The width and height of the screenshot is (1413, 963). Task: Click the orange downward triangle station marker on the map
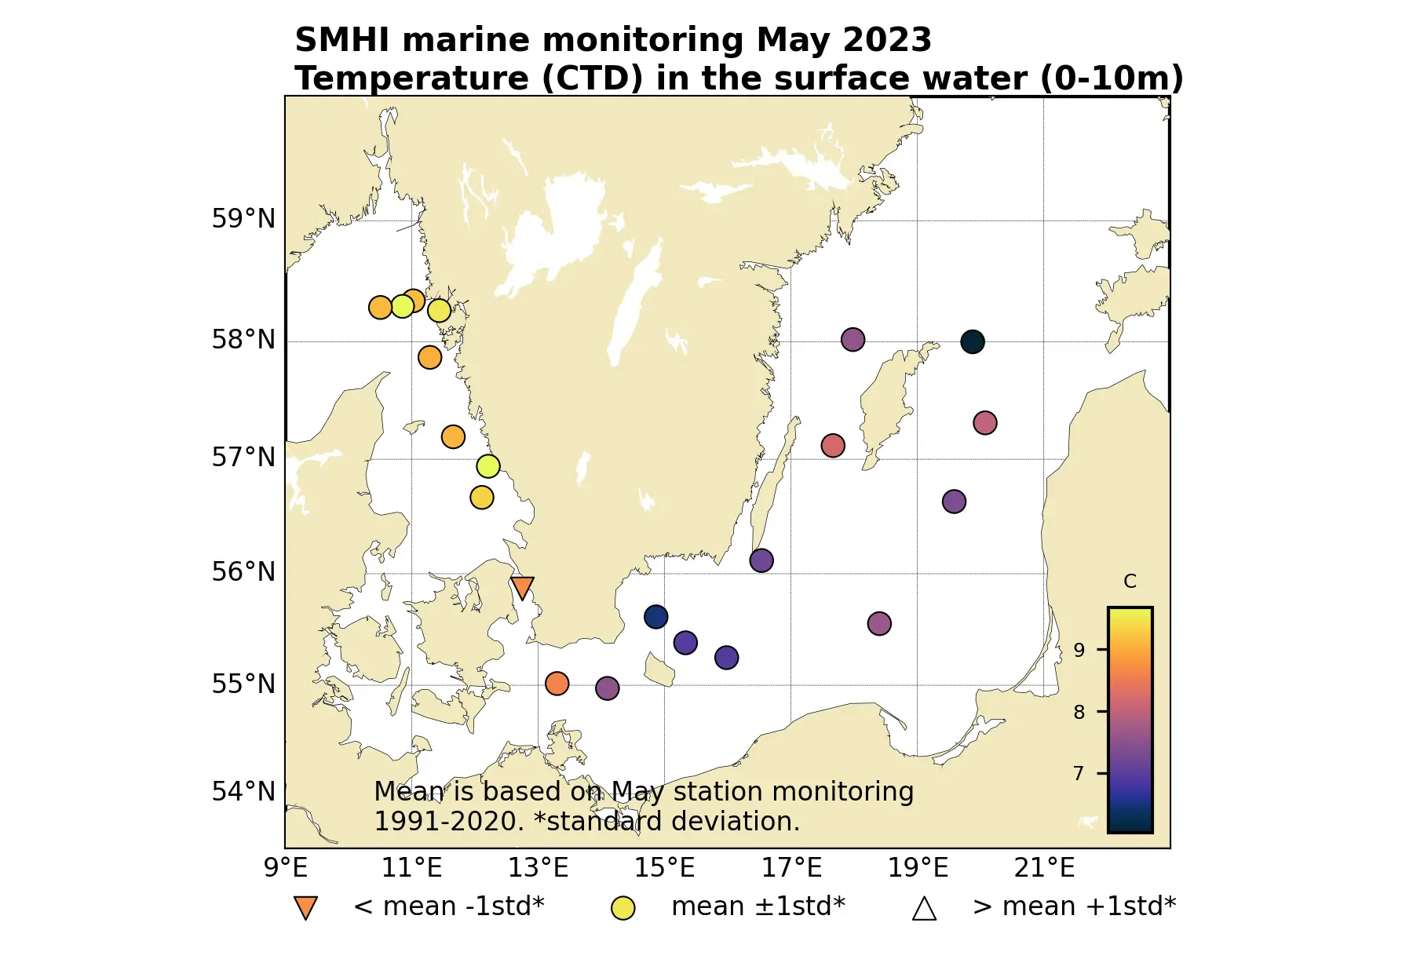(522, 587)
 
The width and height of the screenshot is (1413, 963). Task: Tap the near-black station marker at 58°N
(972, 341)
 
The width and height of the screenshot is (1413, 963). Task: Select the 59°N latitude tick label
(243, 219)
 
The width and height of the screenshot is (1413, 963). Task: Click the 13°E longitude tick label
(538, 868)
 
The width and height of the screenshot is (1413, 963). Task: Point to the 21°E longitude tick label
(1044, 868)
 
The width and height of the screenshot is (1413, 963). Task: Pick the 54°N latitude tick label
(243, 792)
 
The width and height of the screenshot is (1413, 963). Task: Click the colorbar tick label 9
(1079, 650)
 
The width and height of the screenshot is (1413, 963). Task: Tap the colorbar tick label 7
(1079, 774)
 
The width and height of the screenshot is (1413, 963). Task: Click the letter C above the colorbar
(1130, 582)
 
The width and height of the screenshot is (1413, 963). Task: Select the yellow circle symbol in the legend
(623, 908)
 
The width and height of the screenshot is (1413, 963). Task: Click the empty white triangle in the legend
(924, 908)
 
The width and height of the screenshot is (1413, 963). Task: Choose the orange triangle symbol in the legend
(305, 907)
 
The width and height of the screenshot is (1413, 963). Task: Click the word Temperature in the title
(412, 78)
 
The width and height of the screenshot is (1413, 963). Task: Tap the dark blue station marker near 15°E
(655, 617)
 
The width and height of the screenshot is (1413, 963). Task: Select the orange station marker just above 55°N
(557, 683)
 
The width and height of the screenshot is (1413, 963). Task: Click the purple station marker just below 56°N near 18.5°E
(879, 624)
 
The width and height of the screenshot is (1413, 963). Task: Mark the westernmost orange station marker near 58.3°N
(380, 307)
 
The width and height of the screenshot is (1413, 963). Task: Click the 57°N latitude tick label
(243, 458)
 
